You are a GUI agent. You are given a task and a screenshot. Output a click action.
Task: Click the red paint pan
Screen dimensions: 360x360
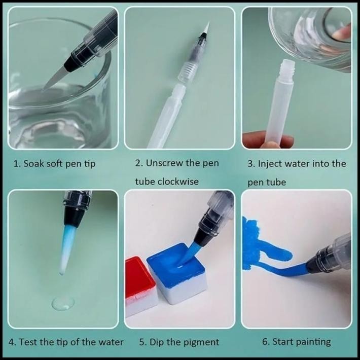click(x=140, y=286)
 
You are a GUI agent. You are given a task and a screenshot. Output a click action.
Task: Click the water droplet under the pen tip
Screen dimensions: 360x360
click(x=63, y=304)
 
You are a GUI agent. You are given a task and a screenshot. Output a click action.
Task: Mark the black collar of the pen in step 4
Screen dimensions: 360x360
click(x=71, y=217)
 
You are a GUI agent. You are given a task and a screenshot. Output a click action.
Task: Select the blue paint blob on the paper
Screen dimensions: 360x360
click(x=260, y=243)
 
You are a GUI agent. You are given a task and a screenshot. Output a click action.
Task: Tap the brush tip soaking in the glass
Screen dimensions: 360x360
click(x=55, y=79)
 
